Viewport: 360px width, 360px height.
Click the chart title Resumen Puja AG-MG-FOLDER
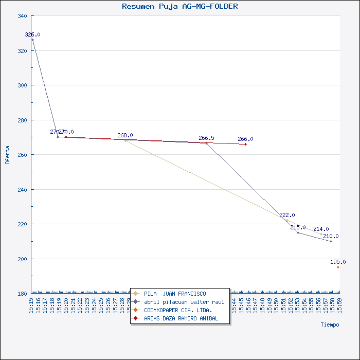180,7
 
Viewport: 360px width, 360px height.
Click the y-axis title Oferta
7,155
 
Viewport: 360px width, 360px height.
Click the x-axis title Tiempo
330,325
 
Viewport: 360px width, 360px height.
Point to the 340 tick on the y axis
23,16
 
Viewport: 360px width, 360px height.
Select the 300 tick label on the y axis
23,85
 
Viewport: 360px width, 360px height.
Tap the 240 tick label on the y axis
23,190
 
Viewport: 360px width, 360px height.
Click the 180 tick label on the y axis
23,294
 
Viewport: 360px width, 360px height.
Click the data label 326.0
32,34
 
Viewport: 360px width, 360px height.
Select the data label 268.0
125,135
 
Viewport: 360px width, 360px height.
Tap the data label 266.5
206,138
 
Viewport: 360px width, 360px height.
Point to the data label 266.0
245,139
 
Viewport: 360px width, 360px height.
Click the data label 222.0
287,215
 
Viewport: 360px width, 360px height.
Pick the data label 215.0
298,227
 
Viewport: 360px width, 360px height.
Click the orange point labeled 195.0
338,267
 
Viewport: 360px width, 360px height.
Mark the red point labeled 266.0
245,145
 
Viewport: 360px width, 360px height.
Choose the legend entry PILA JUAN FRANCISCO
175,294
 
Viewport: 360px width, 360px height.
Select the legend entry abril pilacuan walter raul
184,302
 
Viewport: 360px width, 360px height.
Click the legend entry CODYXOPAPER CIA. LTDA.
178,310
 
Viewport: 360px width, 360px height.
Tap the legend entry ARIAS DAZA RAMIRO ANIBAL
181,318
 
